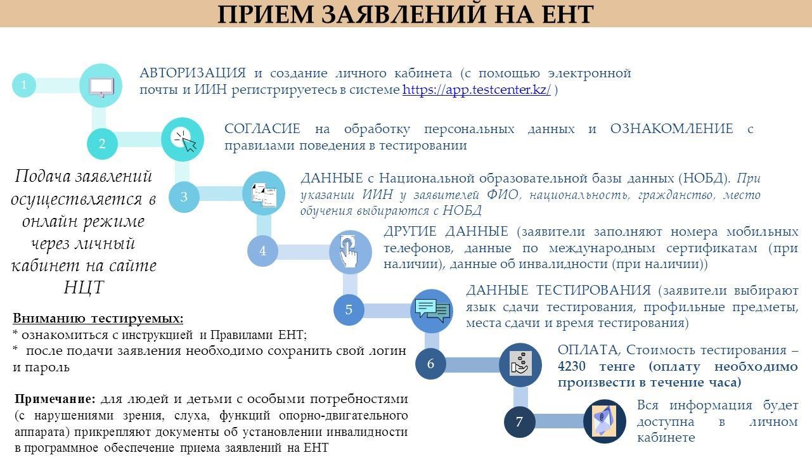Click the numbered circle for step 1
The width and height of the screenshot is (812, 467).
point(24,85)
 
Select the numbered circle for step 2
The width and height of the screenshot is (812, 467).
point(102,144)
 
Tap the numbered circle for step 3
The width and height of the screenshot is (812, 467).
point(184,196)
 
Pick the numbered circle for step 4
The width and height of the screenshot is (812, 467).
point(262,251)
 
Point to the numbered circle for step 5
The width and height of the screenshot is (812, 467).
point(349,309)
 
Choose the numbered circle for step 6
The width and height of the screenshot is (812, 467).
point(430,363)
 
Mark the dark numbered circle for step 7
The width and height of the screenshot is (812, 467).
point(519,421)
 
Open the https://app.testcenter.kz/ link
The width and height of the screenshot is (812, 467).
point(476,89)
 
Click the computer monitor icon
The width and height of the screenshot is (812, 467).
point(101,87)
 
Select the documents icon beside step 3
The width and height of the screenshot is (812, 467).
point(264,195)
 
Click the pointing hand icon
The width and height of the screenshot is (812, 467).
point(349,252)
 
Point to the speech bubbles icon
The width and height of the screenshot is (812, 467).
point(432,310)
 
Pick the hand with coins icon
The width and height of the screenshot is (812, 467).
point(520,363)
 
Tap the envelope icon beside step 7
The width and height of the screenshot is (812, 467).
point(603,421)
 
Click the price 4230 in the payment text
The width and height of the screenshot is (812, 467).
point(572,366)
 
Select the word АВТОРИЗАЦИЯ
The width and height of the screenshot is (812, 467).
point(193,73)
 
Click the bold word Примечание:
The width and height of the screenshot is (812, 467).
point(55,399)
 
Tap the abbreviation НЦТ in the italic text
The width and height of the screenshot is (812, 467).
point(84,288)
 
